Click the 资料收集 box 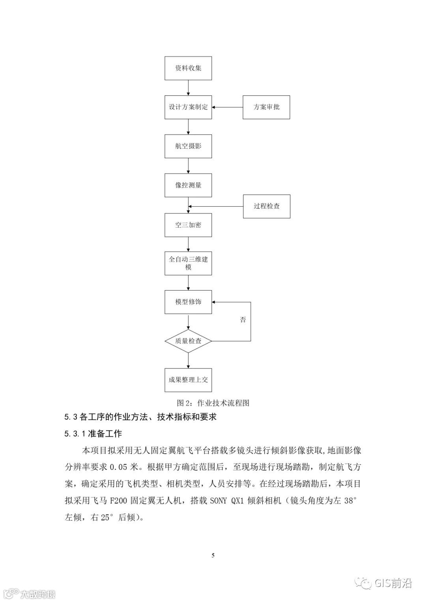[x=188, y=68]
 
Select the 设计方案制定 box [x=188, y=107]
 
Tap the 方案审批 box [x=266, y=107]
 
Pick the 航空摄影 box [x=188, y=146]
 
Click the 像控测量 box [x=188, y=185]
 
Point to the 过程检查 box [x=267, y=206]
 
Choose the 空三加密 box [x=188, y=225]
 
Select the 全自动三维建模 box [x=188, y=263]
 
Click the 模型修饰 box [x=188, y=302]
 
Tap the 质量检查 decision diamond [x=188, y=341]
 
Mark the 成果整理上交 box [x=188, y=380]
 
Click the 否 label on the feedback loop [x=243, y=320]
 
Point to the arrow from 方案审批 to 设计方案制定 [x=227, y=107]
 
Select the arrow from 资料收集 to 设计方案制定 [x=188, y=88]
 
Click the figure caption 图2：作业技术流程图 [x=213, y=403]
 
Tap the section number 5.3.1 [x=75, y=434]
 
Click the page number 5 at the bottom [x=213, y=555]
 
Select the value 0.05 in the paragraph [x=118, y=467]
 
